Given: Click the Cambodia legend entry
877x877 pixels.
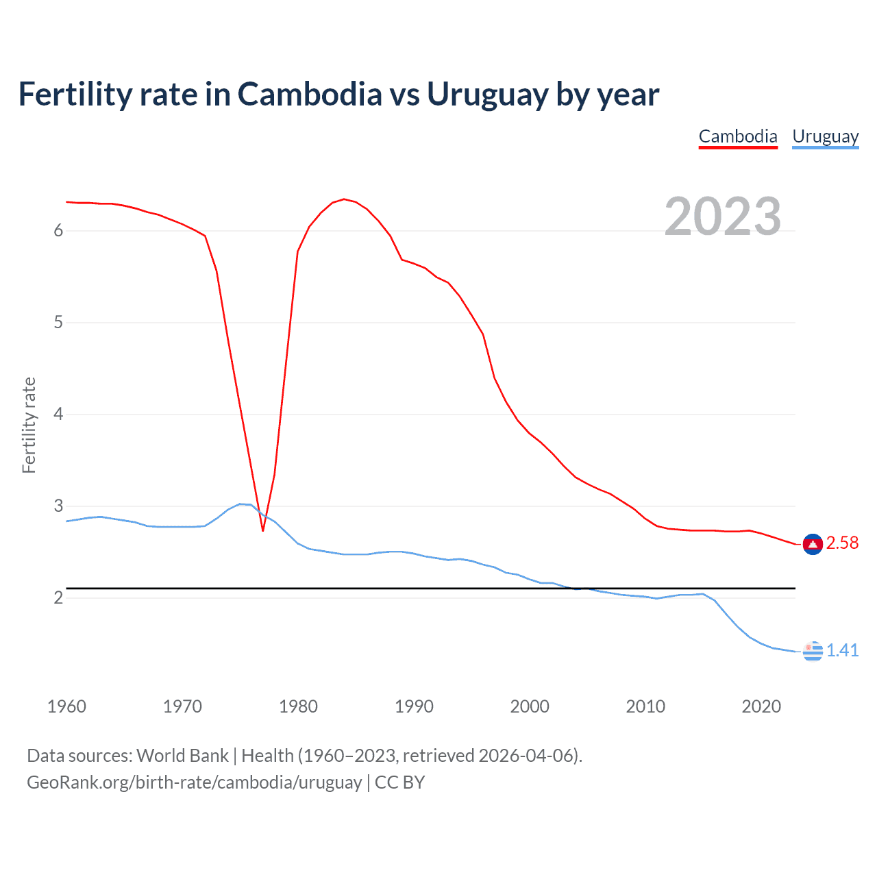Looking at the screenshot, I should point(738,136).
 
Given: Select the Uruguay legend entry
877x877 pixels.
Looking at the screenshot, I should point(825,136).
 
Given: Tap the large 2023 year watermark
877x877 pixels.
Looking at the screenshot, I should point(723,217).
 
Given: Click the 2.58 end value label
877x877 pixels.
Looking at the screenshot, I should point(842,543).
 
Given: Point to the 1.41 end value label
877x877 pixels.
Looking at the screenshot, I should point(842,650).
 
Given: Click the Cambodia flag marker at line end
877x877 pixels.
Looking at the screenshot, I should point(813,544).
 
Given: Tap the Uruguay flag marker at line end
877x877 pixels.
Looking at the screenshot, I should point(813,651).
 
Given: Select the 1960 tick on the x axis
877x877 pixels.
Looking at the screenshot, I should point(66,706).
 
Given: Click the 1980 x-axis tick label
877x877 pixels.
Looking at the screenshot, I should point(298,706).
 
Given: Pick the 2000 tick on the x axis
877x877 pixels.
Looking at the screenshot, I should point(530,706).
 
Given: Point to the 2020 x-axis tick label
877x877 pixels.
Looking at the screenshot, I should point(761,706).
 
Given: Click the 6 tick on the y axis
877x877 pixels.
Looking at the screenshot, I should point(58,231).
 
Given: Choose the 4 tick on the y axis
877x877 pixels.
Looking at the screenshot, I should point(58,415).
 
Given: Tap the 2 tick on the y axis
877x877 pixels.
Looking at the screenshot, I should point(58,598).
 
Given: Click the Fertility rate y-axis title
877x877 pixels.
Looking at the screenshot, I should point(29,425).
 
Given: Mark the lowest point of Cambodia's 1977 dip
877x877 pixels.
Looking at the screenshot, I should point(263,530).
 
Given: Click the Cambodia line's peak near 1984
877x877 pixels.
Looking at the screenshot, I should point(343,199).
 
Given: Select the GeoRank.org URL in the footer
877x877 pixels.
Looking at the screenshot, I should point(194,782).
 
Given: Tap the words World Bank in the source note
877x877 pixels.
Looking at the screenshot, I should point(182,756).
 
